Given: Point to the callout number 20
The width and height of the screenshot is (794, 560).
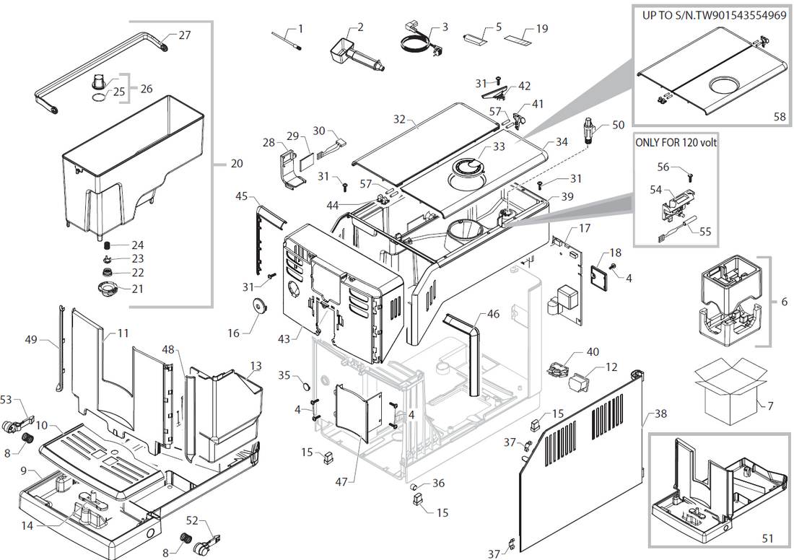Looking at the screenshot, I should [236, 163].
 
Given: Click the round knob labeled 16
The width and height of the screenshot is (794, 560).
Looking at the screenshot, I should [257, 307].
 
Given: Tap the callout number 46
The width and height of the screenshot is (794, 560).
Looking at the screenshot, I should [493, 314].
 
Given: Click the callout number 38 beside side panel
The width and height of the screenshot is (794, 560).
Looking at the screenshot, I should [661, 414].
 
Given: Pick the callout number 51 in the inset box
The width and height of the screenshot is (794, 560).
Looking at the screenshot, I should [768, 538].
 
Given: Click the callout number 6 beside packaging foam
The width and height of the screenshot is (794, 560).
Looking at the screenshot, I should [784, 302].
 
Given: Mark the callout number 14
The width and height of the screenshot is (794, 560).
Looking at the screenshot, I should [27, 526].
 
